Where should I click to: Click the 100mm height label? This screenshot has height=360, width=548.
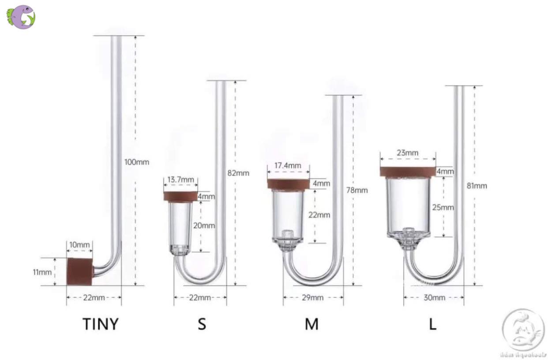[x=137, y=162]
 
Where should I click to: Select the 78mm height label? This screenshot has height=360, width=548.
[x=357, y=190]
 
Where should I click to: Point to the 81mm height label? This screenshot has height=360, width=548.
[x=477, y=186]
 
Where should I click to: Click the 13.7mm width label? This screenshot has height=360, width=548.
[x=181, y=180]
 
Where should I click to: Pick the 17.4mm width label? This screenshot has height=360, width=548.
[x=288, y=165]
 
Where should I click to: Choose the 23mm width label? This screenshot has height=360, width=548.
[x=408, y=153]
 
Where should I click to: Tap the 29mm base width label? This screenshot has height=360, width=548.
[x=313, y=298]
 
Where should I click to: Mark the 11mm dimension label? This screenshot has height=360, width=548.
[x=42, y=272]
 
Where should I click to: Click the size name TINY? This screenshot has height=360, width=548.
[x=101, y=324]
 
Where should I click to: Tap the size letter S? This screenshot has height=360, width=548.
[x=202, y=324]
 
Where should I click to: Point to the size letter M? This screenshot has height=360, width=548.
[x=312, y=324]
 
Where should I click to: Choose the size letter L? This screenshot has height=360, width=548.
[x=433, y=324]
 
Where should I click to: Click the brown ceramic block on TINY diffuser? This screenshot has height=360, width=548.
[x=79, y=272]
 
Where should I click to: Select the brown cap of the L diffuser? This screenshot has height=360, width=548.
[x=408, y=172]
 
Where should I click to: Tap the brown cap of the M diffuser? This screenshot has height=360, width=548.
[x=288, y=184]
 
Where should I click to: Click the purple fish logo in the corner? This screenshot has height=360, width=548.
[x=21, y=17]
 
